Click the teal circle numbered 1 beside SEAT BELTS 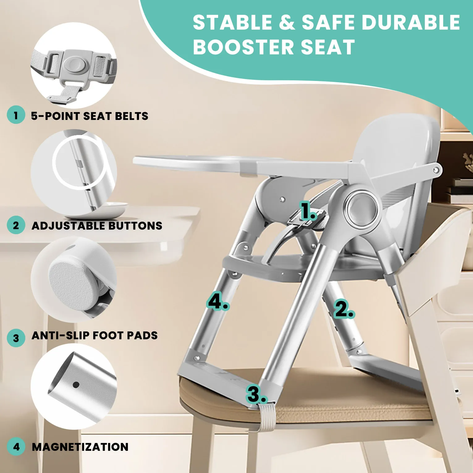16,115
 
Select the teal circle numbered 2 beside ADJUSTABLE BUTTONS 16,225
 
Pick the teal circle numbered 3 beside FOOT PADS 16,338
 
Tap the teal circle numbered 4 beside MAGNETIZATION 16,446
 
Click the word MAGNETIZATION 80,447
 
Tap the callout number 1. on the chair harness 308,211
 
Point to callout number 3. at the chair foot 256,394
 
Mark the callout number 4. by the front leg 217,301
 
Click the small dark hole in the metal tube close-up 76,385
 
